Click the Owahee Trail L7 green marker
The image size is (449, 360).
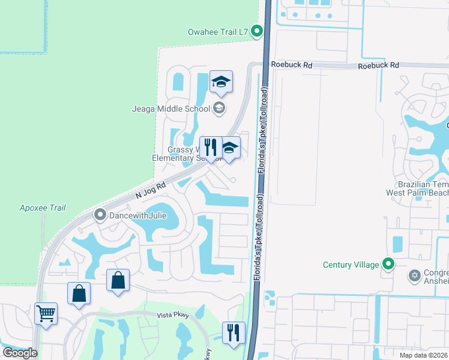[258, 31]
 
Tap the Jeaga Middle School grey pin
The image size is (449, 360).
[220, 108]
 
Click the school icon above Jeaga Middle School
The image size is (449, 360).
[221, 83]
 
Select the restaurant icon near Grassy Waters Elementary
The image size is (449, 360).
[211, 148]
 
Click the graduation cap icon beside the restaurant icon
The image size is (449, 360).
[229, 148]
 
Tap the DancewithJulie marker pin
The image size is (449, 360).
[100, 214]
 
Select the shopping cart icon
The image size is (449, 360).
[46, 313]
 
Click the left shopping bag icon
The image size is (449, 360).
[79, 293]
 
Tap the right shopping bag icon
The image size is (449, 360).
[118, 280]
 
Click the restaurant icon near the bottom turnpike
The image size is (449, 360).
[234, 332]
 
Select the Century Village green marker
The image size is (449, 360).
[388, 264]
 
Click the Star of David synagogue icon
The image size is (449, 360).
[414, 275]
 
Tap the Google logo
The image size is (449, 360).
[20, 353]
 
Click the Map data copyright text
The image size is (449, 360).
[424, 355]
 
